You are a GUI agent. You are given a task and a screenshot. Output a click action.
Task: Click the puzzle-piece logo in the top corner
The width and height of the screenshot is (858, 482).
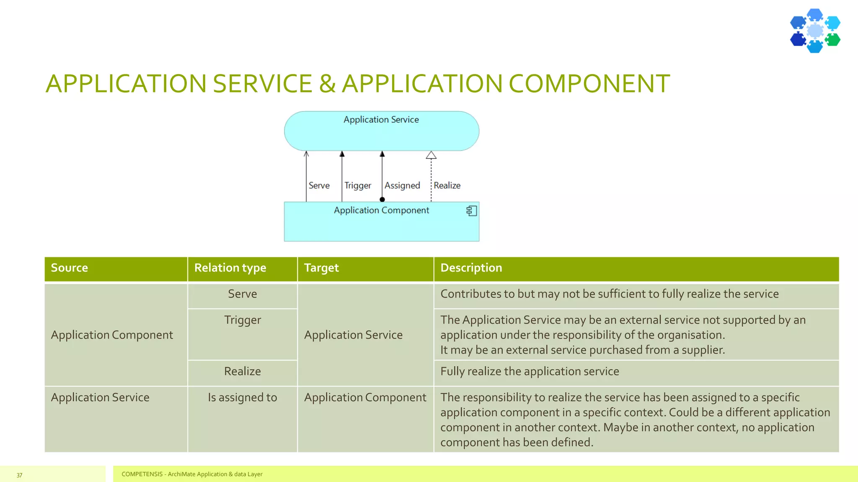[x=815, y=31]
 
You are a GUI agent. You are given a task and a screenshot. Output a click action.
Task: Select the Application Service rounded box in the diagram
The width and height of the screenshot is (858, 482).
[x=381, y=131]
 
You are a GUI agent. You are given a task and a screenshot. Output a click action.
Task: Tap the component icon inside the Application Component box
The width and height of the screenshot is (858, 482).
[x=472, y=211]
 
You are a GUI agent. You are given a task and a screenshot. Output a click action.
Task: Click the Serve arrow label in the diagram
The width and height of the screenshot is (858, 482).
[x=319, y=185]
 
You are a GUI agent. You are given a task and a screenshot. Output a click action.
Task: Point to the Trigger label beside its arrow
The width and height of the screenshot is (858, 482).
[x=357, y=185]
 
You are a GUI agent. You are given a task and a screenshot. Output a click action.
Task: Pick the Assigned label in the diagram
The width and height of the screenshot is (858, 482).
[x=402, y=185]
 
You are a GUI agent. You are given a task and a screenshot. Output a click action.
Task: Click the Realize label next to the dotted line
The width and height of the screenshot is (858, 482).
[x=447, y=185]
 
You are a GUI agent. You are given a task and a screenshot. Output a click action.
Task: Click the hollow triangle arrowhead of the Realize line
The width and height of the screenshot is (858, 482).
[x=431, y=155]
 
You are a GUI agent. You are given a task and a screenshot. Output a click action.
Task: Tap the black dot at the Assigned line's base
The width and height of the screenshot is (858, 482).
[x=382, y=200]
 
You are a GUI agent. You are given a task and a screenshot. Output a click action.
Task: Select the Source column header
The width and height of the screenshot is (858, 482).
[x=70, y=268]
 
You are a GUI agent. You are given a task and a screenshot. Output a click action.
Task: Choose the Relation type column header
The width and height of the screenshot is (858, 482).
[x=230, y=268]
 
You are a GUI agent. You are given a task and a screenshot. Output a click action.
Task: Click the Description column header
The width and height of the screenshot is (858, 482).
[x=471, y=268]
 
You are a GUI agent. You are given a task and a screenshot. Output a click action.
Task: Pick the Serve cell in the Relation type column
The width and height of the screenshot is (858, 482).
[x=242, y=294]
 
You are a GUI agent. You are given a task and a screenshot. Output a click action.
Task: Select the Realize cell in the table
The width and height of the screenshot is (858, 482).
[x=242, y=371]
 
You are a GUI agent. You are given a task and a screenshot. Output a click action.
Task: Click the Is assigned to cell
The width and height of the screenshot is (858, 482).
[x=242, y=397]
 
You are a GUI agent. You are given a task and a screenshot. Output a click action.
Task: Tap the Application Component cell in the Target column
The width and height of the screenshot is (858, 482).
[x=365, y=397]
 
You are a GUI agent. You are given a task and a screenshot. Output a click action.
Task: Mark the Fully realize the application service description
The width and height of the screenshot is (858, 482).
[x=530, y=371]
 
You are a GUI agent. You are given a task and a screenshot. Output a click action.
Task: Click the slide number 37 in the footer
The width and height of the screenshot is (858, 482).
[x=19, y=475]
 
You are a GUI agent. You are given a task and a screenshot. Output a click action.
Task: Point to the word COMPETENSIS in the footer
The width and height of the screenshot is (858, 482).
[x=142, y=474]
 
